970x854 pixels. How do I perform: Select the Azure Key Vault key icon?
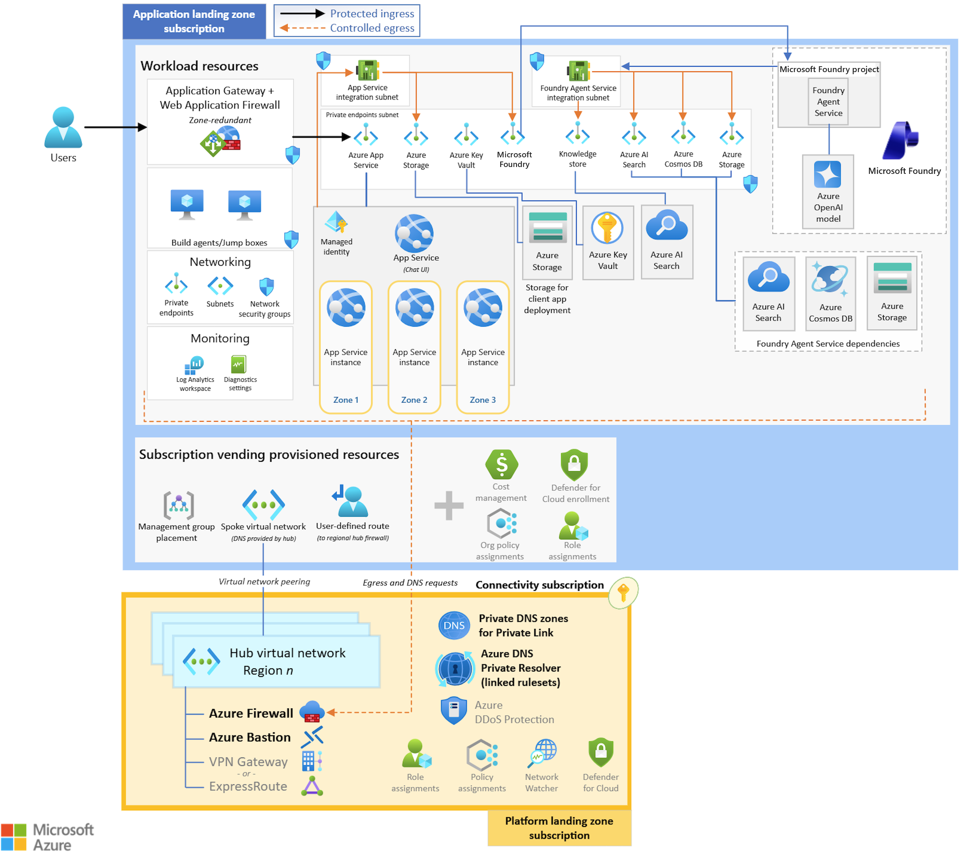click(607, 228)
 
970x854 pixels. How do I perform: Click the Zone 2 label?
click(414, 400)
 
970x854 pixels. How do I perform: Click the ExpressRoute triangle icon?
click(312, 786)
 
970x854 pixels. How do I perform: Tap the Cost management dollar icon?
click(501, 464)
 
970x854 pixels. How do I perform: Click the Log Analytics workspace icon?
click(194, 365)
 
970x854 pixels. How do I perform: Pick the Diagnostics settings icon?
click(239, 365)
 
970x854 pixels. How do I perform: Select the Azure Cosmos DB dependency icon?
click(830, 280)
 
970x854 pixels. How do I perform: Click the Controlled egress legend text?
click(372, 28)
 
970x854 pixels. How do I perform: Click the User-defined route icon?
click(352, 501)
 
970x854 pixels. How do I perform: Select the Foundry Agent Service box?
click(828, 101)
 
